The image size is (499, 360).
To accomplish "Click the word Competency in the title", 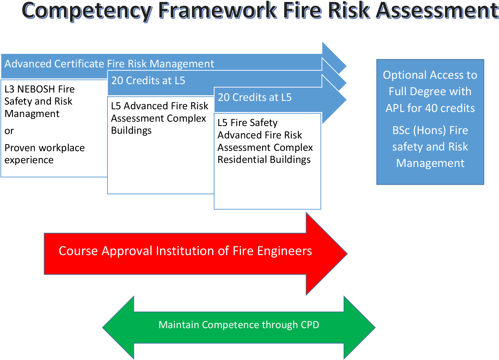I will coord(87,11).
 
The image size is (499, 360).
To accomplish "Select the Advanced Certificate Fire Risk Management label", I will coord(109,64).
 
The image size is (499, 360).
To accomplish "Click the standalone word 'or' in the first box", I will coord(9,131).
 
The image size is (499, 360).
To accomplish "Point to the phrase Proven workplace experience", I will coord(44,154).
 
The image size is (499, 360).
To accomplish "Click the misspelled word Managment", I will coord(32,114).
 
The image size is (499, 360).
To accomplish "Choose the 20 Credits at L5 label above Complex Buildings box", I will coord(148,81).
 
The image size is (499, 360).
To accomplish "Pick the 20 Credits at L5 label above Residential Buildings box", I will coord(255,98).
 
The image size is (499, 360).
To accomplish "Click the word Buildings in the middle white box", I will coord(131,131).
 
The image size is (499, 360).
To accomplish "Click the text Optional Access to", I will coord(430,75).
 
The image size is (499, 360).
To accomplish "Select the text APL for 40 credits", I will coord(430,108).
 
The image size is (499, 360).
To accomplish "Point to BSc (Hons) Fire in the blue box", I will coord(430,130).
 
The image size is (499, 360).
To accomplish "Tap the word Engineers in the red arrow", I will coord(284,251).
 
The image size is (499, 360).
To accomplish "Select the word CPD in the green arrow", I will coord(310,325).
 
